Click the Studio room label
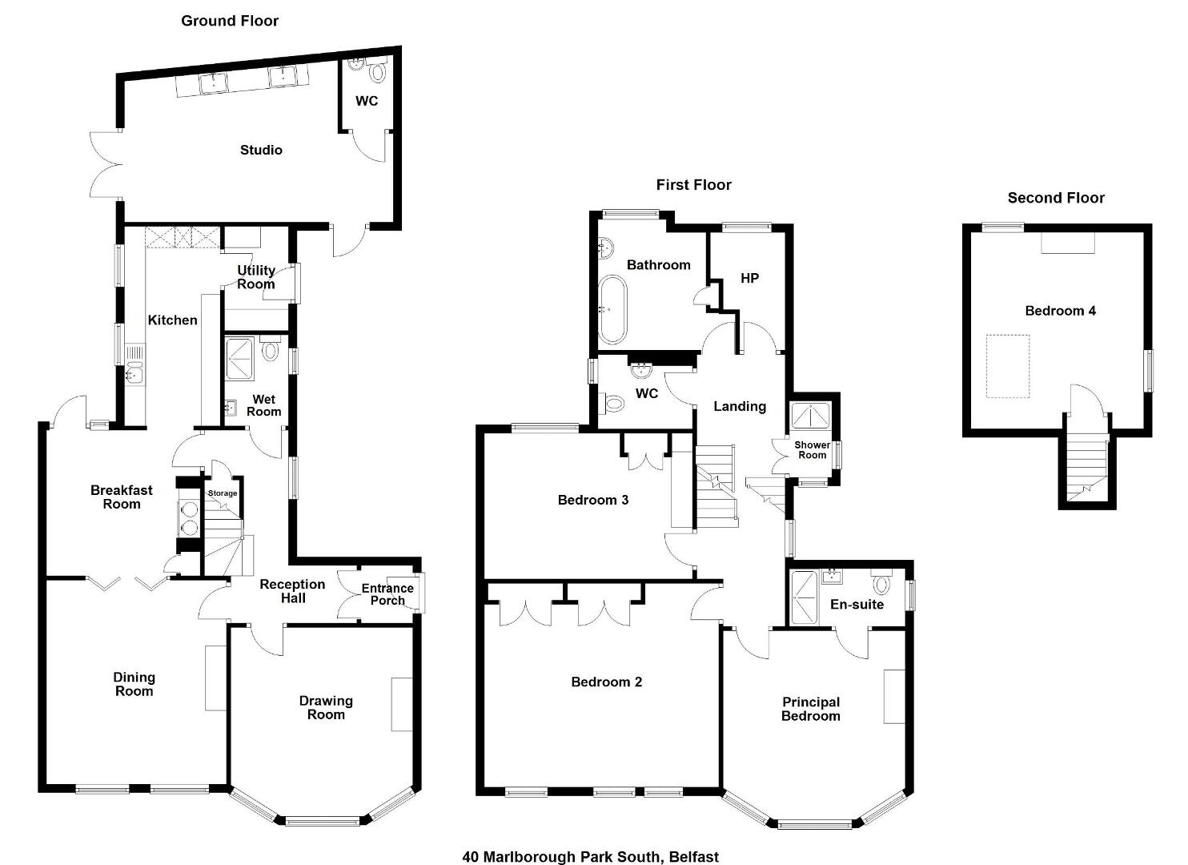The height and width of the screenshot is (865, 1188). click(261, 151)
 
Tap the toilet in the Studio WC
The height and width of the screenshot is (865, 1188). click(377, 71)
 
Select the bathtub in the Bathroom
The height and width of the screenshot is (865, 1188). click(612, 309)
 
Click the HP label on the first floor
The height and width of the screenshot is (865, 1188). click(749, 278)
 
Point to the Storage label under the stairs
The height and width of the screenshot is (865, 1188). click(223, 493)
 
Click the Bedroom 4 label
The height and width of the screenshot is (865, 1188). click(1060, 311)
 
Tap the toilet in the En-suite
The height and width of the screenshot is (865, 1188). click(881, 582)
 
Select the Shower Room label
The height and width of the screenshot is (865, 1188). click(812, 450)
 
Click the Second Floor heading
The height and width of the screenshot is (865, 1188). click(1056, 198)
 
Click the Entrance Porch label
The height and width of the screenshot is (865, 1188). click(387, 594)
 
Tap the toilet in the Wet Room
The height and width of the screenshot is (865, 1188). click(270, 349)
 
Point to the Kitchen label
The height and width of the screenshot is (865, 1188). click(172, 320)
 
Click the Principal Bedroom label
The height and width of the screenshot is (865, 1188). click(811, 709)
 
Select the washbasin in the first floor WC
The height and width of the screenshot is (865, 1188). click(642, 369)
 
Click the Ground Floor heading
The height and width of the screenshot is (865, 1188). click(230, 21)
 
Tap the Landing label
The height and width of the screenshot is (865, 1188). click(740, 407)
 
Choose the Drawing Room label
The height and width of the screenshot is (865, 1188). click(326, 707)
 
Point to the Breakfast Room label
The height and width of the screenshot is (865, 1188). click(122, 497)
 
